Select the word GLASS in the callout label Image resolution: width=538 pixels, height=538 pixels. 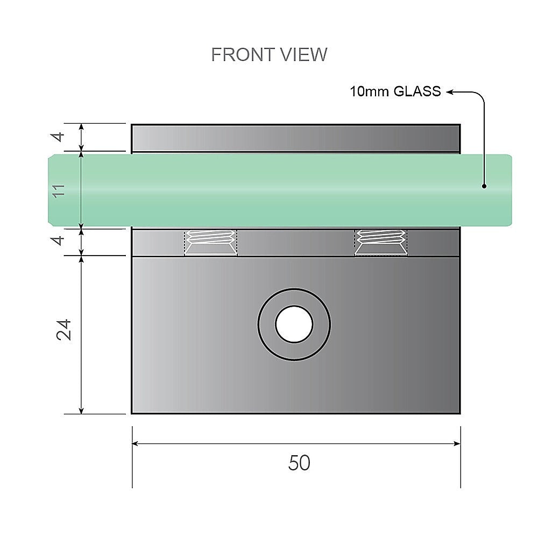tap(417, 91)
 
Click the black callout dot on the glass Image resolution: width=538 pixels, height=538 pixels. tap(484, 187)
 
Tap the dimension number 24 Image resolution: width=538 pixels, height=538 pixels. tap(63, 330)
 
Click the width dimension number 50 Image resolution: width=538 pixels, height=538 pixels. tap(299, 463)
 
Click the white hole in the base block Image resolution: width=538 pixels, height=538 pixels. tap(294, 324)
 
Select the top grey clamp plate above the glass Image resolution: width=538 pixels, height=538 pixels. tap(296, 138)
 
